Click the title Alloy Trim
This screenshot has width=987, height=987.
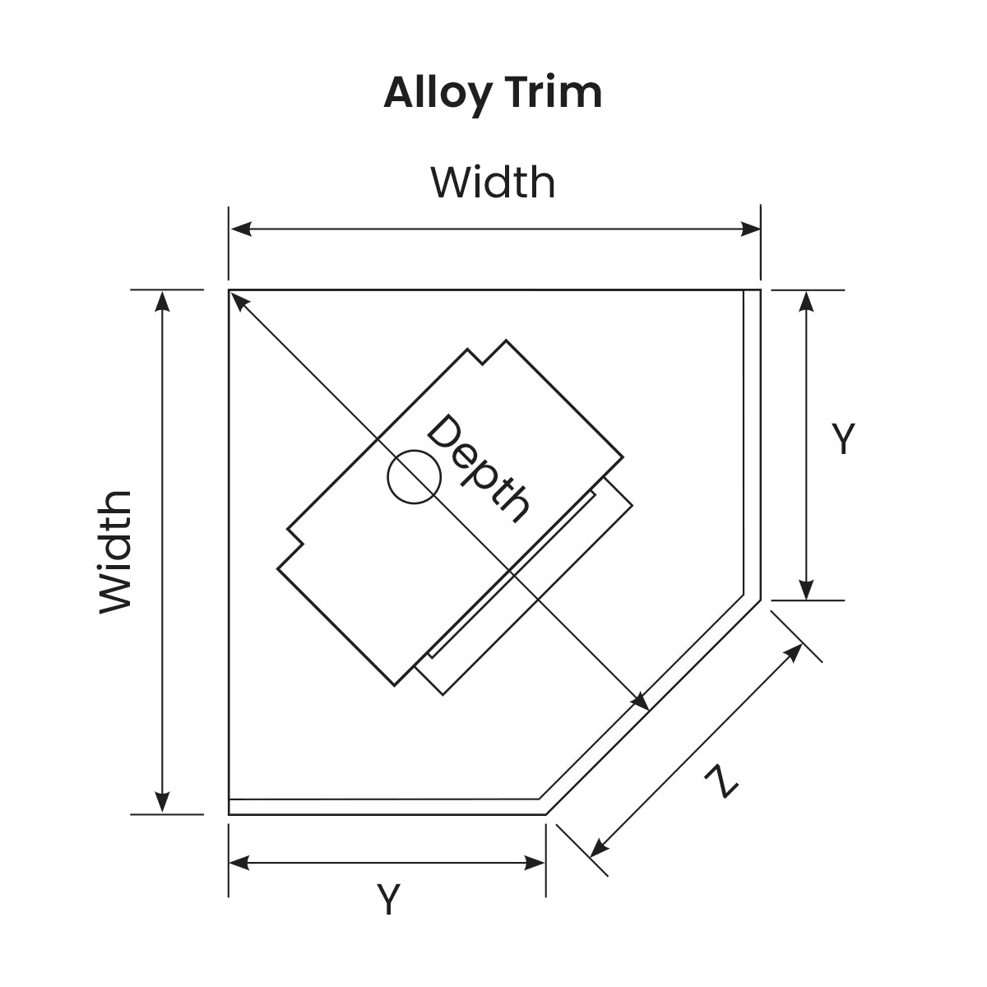493,93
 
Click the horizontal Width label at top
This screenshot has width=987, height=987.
493,183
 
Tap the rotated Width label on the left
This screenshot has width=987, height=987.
116,552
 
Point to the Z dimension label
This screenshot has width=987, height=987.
721,781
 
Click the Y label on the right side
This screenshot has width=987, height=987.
843,439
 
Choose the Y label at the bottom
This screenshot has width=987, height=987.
387,899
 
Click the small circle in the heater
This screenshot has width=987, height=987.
414,476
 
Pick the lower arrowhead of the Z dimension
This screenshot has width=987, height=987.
599,848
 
